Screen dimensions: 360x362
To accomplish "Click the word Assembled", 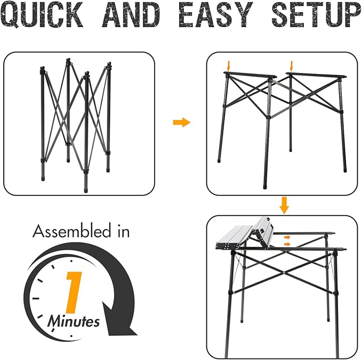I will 74,232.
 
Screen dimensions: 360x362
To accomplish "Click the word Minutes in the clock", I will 74,322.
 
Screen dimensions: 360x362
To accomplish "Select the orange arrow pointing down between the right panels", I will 285,204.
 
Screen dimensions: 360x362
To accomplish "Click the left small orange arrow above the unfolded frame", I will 228,66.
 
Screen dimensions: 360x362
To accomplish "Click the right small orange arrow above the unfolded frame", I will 291,66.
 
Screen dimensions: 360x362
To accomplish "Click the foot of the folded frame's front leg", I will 86,188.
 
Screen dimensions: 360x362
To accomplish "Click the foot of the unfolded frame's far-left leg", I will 220,160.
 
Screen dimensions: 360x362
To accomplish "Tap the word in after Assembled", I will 122,232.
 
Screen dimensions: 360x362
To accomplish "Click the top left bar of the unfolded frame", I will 251,76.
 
